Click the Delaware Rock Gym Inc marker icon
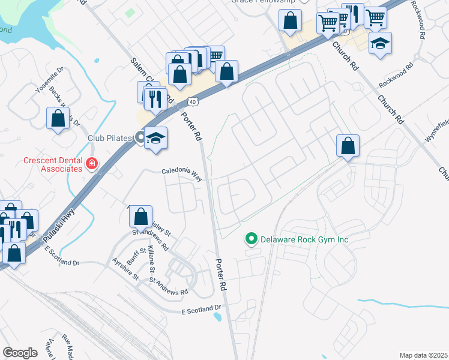coord(252,239)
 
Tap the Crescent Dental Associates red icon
coord(91,163)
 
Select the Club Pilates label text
coord(109,138)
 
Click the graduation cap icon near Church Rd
coord(379,43)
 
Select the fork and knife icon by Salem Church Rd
coord(157,98)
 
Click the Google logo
coord(20,352)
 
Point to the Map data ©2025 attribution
coord(423,355)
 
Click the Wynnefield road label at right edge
coord(438,131)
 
